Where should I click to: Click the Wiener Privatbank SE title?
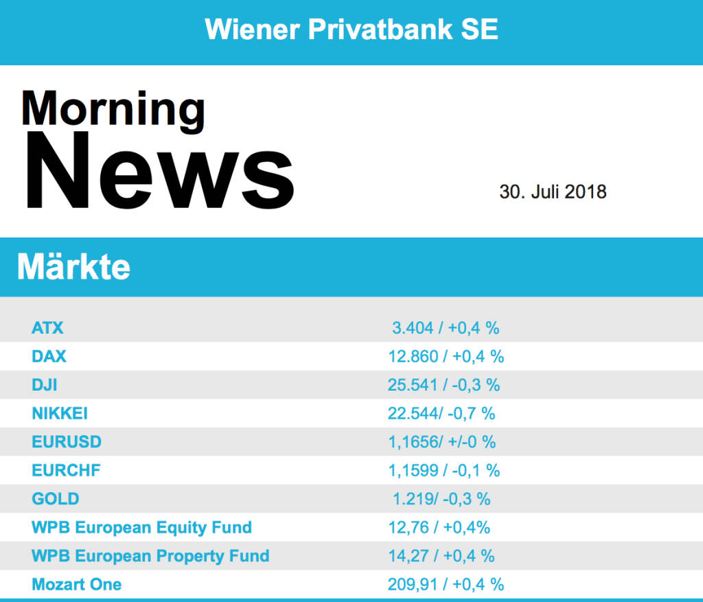tap(351, 30)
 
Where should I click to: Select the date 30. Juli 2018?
tap(553, 192)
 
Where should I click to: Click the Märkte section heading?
tap(73, 266)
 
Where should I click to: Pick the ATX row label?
tap(47, 328)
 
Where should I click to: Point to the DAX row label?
tap(49, 356)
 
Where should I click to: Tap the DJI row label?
tap(45, 385)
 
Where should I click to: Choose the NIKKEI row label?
tap(60, 413)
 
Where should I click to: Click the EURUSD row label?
tap(66, 442)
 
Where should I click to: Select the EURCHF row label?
tap(66, 471)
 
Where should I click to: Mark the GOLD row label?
tap(55, 499)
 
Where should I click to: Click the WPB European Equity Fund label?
tap(141, 528)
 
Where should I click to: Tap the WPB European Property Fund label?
tap(150, 556)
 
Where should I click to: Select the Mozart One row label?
tap(76, 585)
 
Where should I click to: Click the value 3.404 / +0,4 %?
tap(446, 328)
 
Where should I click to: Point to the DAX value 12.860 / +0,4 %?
tap(446, 356)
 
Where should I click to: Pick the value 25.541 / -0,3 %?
tap(443, 385)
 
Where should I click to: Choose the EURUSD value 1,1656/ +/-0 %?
tap(441, 442)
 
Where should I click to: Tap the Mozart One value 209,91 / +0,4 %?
tap(446, 585)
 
